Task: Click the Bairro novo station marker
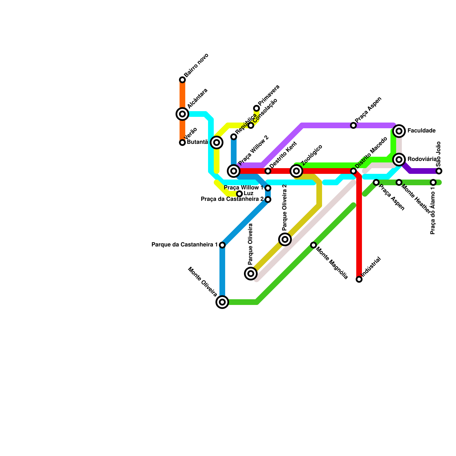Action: [182, 80]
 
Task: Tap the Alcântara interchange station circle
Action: [182, 114]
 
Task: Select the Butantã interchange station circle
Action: [217, 142]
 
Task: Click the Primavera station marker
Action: [256, 108]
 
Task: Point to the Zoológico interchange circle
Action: [296, 171]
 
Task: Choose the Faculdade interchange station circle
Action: [399, 131]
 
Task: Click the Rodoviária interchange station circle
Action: [399, 160]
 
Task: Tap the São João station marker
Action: [439, 171]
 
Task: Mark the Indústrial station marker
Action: [359, 279]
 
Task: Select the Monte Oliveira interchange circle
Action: [222, 302]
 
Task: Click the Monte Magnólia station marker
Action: [313, 245]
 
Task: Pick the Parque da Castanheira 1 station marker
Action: [222, 245]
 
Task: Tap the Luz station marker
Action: [239, 194]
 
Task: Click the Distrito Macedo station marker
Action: [353, 171]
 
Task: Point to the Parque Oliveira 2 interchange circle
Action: [285, 239]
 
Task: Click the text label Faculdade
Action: [421, 131]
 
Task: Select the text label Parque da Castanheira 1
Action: [185, 245]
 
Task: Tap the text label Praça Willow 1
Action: [244, 188]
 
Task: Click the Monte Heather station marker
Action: [399, 182]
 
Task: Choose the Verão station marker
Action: [182, 142]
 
